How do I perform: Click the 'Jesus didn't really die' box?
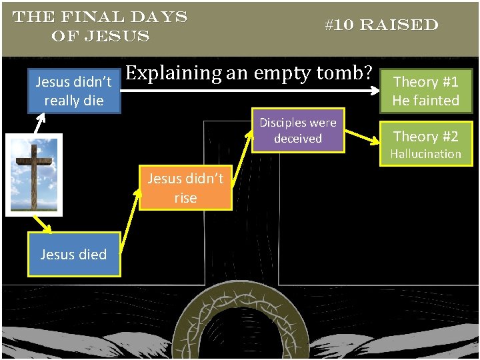(x=73, y=91)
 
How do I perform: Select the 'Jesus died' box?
(x=73, y=254)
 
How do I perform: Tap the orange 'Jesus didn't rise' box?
(x=185, y=188)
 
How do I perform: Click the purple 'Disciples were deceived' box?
(x=298, y=130)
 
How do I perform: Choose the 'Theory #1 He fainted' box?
(x=425, y=91)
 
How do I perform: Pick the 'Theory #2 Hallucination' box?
(x=425, y=144)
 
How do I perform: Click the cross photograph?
(x=34, y=175)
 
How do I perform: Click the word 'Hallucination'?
(x=425, y=154)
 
